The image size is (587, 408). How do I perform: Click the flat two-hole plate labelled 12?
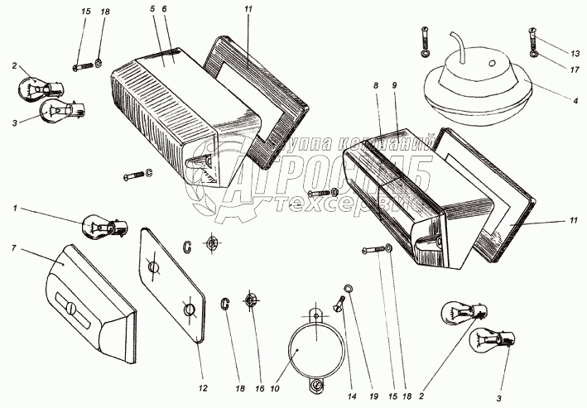click(171, 286)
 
